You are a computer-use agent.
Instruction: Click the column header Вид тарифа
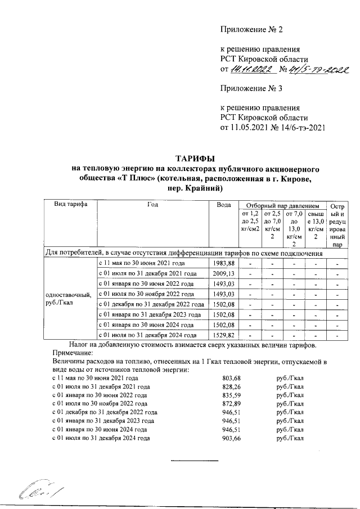click(70, 205)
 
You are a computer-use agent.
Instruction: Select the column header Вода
click(224, 205)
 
